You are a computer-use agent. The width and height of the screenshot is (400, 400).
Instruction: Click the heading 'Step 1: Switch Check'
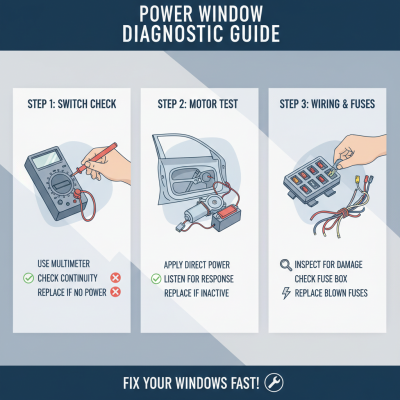coord(72,104)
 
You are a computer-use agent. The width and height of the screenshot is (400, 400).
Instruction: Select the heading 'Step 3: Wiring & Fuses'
coord(327,104)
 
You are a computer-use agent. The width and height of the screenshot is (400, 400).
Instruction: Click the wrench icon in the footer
coord(273,383)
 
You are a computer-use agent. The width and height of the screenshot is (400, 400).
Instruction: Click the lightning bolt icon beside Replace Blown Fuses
coord(286,293)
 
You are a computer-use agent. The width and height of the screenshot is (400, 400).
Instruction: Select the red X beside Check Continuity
coord(115,278)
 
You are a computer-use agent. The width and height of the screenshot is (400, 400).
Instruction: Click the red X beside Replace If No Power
coord(115,292)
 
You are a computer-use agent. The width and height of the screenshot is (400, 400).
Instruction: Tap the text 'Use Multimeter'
coord(64,264)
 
